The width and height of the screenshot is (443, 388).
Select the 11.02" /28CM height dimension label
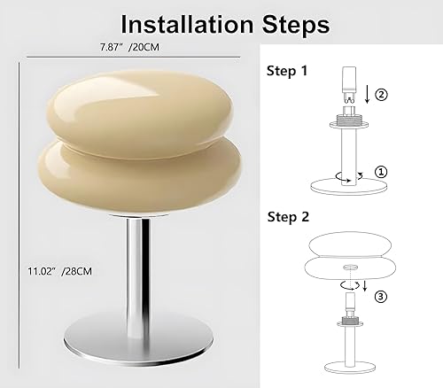pos(51,263)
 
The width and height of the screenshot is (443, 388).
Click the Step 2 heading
pos(288,215)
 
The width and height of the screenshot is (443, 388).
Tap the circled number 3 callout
pos(381,297)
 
